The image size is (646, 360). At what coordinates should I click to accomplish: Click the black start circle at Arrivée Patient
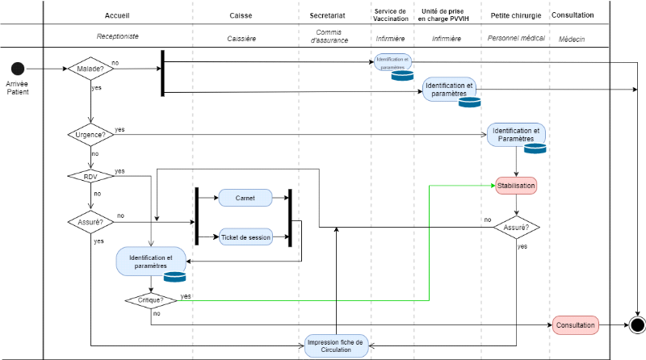point(18,69)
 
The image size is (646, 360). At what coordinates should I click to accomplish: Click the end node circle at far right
point(637,326)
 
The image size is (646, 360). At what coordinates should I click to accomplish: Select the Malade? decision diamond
point(90,69)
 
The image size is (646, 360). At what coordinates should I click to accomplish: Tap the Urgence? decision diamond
point(90,135)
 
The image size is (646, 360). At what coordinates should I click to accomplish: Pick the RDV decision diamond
point(90,176)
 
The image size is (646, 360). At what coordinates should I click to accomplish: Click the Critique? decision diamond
point(151,300)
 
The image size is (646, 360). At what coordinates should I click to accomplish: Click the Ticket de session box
point(245,237)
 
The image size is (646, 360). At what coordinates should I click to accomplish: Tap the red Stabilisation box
point(516,185)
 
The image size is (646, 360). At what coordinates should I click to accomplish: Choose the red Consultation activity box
point(576,326)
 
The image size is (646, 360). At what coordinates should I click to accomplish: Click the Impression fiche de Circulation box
point(336,345)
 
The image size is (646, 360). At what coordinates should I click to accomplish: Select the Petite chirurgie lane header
point(516,15)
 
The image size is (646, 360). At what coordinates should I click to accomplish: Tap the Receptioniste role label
point(118,38)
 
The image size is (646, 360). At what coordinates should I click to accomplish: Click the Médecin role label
point(572,38)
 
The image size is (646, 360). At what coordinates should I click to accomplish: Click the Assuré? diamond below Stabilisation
point(516,228)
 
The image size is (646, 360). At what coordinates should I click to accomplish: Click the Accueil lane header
point(118,15)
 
